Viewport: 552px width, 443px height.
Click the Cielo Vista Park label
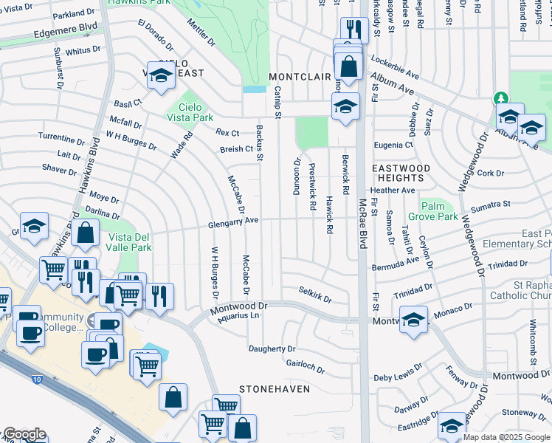click(x=190, y=112)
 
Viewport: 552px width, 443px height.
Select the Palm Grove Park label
click(x=439, y=211)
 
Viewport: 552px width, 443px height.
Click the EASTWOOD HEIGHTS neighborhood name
click(x=400, y=174)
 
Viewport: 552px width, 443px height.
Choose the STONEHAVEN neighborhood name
click(x=273, y=388)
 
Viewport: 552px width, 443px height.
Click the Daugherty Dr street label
click(x=272, y=348)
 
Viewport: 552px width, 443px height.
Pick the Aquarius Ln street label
click(x=235, y=315)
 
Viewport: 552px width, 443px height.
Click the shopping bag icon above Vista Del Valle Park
click(x=86, y=233)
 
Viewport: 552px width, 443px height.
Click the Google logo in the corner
click(x=24, y=434)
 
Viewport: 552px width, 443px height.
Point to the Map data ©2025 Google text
click(x=507, y=437)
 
